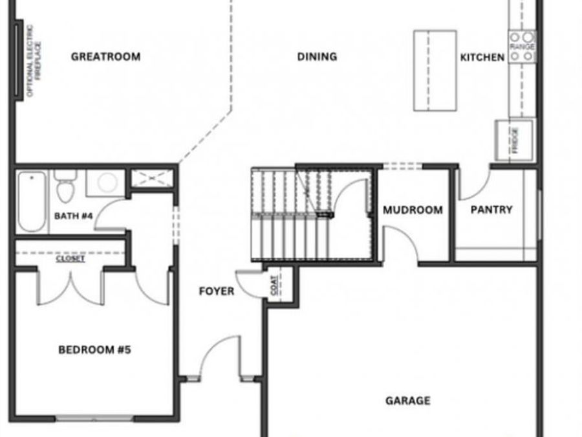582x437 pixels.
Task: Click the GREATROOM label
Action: coord(105,57)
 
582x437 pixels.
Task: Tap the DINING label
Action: coord(317,57)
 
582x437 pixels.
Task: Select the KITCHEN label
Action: coord(482,58)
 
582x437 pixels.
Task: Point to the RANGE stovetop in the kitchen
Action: coord(523,47)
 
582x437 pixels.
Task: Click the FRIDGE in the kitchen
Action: coord(515,139)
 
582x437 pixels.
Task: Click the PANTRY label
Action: coord(491,210)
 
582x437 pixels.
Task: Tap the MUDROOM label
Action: coord(413,210)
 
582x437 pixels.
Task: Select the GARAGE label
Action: coord(408,401)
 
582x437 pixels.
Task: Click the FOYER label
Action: coord(217,291)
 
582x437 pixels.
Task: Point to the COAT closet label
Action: coord(274,287)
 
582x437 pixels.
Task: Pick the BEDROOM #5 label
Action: coord(95,350)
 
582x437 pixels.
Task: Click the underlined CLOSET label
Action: coord(70,258)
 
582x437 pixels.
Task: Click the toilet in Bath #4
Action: coord(64,187)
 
